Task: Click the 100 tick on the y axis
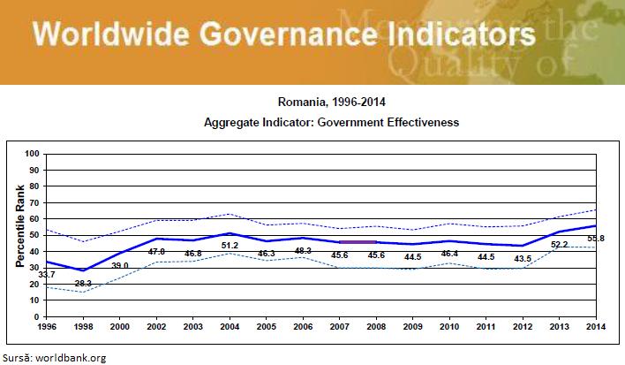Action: tap(33, 155)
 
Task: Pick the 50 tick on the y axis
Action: tap(35, 235)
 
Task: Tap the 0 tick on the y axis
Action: tap(38, 316)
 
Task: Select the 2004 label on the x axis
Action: tap(230, 327)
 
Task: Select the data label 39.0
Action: tap(120, 265)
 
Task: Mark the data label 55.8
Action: tap(596, 262)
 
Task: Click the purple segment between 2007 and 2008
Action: tap(358, 241)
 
